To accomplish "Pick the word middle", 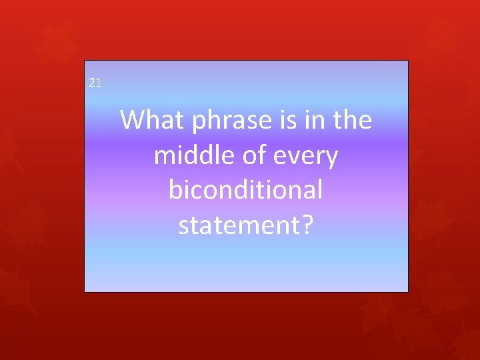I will [x=191, y=156].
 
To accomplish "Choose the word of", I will [x=253, y=156].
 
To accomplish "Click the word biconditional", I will [x=246, y=191].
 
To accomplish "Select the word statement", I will [x=238, y=226].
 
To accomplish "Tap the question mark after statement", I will [x=306, y=225].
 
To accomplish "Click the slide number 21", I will [x=95, y=83].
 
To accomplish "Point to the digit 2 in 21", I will [x=92, y=83].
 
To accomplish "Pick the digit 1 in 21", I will [x=98, y=83].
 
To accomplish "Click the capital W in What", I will [x=133, y=121].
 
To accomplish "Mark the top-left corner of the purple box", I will [x=85, y=61].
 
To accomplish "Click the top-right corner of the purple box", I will [x=407, y=61].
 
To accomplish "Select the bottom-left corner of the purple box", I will [x=85, y=291].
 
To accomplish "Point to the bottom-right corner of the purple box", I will [x=407, y=291].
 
